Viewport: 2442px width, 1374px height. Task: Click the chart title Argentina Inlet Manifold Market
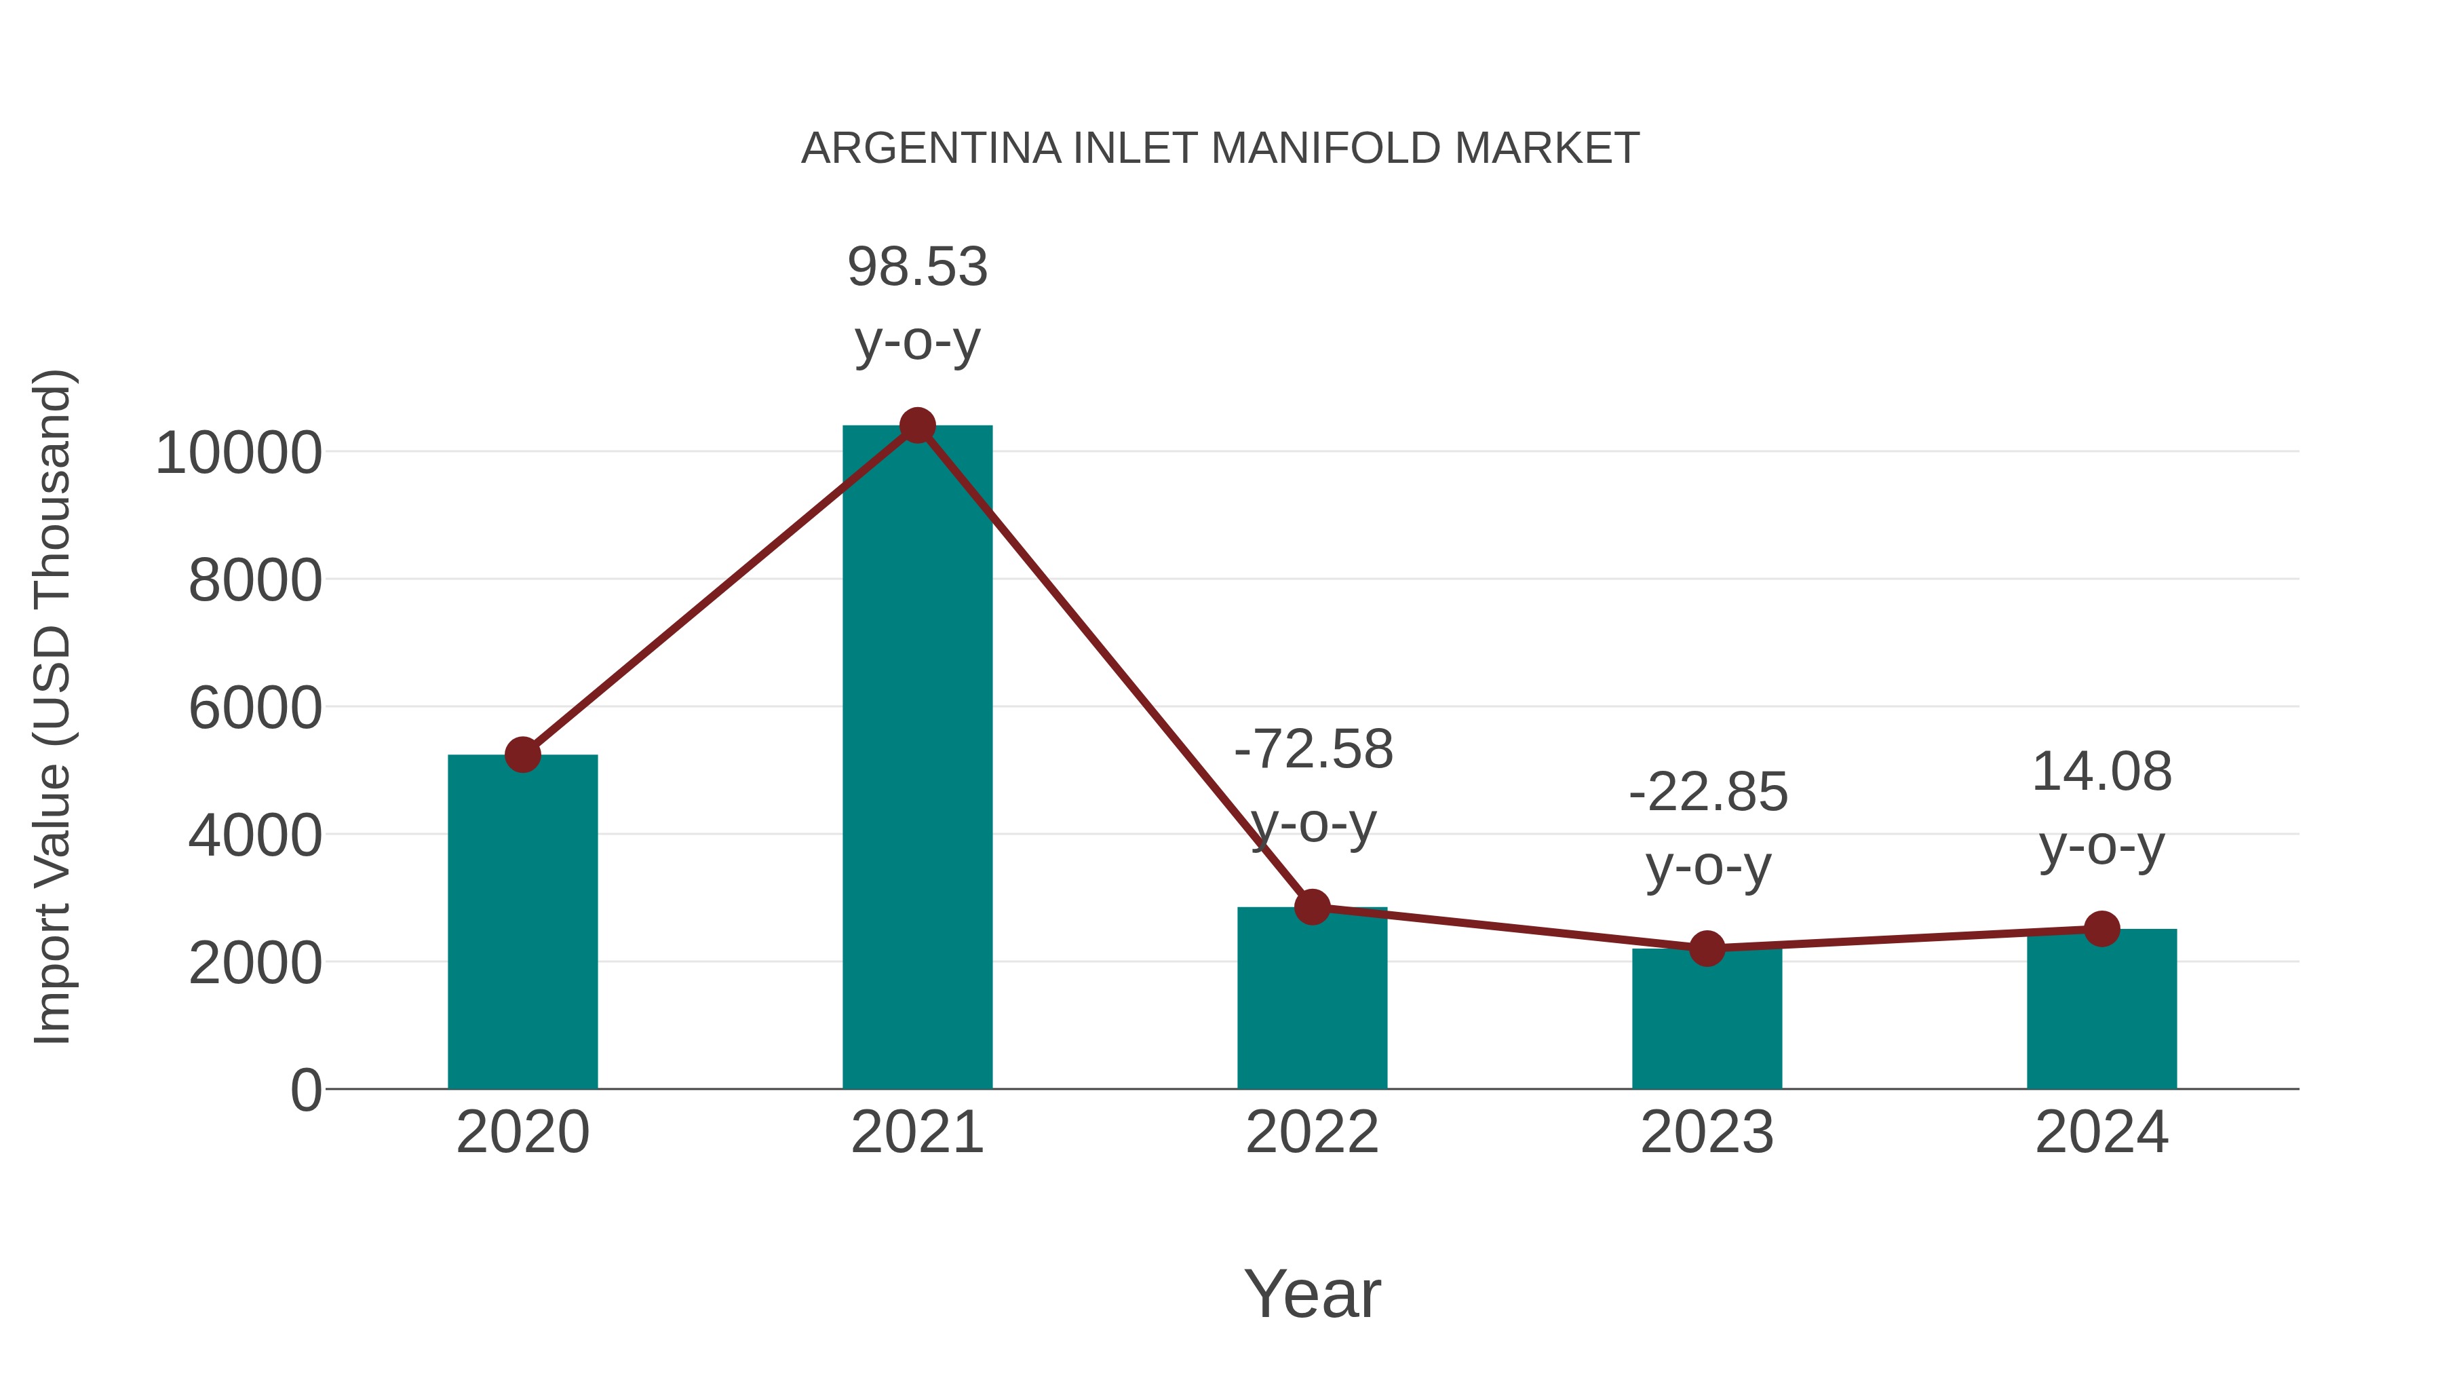pyautogui.click(x=1220, y=149)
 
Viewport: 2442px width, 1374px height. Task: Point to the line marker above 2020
pyautogui.click(x=522, y=755)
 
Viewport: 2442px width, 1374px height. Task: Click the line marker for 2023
pyautogui.click(x=1707, y=949)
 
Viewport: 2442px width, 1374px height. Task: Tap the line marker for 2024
pyautogui.click(x=2101, y=930)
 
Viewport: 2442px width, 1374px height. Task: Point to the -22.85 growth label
pyautogui.click(x=1707, y=828)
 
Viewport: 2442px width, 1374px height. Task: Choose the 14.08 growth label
pyautogui.click(x=2101, y=808)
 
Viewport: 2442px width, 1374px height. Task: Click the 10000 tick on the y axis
pyautogui.click(x=239, y=453)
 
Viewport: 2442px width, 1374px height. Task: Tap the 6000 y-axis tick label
pyautogui.click(x=255, y=708)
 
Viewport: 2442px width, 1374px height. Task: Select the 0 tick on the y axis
pyautogui.click(x=305, y=1090)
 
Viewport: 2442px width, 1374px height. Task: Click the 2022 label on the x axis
pyautogui.click(x=1312, y=1132)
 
